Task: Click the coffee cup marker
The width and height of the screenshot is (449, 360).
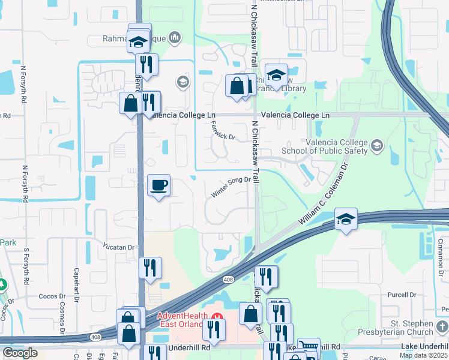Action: (159, 185)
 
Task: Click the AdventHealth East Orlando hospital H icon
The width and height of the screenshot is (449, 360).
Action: (217, 316)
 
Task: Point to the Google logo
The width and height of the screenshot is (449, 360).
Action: (20, 353)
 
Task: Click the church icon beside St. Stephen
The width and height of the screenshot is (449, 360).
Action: (442, 327)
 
